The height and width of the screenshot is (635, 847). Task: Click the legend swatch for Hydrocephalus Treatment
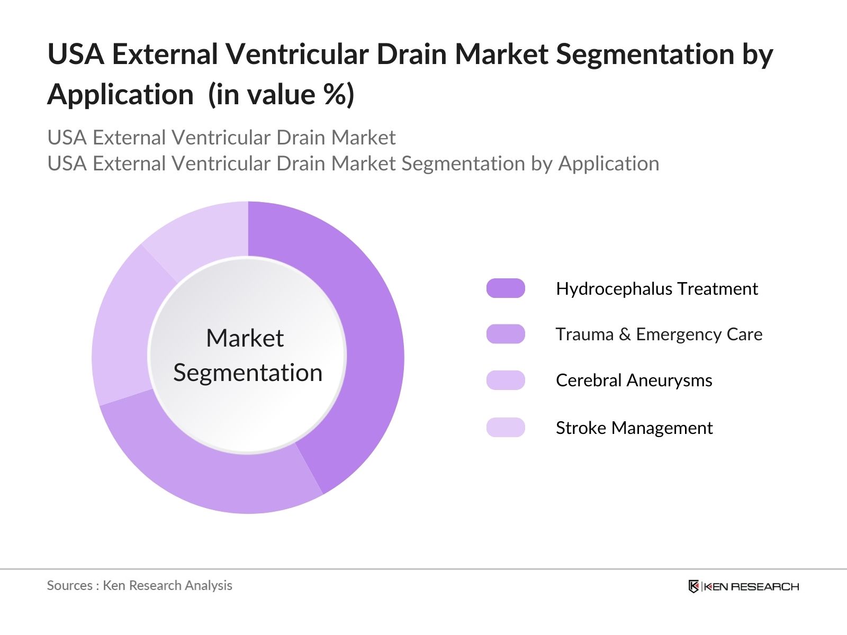point(506,288)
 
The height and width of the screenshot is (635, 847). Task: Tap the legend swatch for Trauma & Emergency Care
point(506,334)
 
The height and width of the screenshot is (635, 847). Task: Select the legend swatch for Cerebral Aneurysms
point(506,380)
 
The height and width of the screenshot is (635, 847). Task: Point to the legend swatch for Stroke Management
point(506,427)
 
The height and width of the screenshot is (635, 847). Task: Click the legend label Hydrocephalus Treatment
point(656,288)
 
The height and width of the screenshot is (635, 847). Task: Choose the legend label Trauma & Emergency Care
point(659,334)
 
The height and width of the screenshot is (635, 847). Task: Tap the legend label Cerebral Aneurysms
point(634,380)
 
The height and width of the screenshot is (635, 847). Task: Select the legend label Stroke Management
point(634,427)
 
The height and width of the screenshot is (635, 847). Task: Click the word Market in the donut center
point(245,338)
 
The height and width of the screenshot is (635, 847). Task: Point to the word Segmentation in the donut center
point(248,373)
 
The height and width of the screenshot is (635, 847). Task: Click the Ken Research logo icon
point(693,586)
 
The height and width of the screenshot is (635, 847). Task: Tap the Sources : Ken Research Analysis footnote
point(139,585)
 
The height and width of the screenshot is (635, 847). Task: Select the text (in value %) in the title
point(281,95)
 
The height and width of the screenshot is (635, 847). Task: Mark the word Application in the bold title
point(121,95)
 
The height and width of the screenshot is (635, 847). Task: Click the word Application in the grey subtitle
point(609,164)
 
